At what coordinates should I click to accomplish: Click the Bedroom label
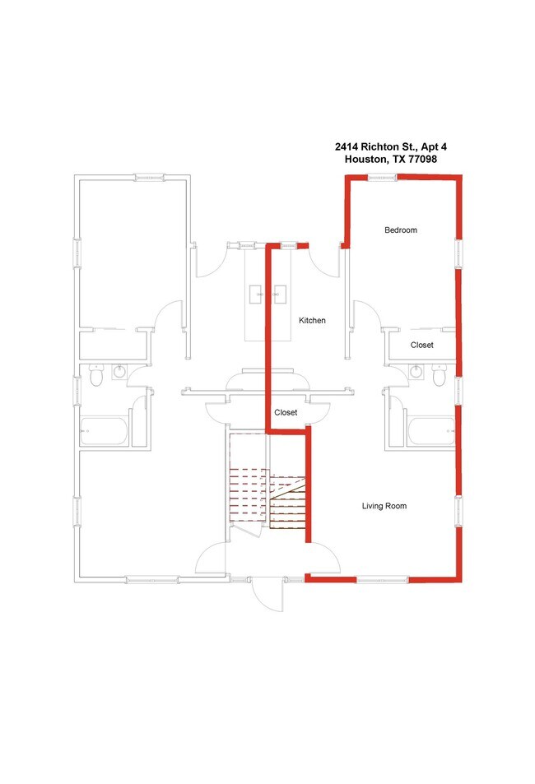coord(401,230)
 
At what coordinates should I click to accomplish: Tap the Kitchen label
coord(312,320)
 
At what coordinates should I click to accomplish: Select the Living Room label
coord(384,506)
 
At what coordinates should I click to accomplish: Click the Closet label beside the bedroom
coord(422,346)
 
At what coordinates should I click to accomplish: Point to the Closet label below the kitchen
coord(286,412)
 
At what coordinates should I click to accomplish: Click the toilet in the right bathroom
coord(439,376)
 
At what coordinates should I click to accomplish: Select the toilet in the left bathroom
coord(95,377)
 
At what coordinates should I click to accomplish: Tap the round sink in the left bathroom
coord(119,373)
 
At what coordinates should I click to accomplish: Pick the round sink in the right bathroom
coord(416,373)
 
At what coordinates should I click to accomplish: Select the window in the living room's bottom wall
coord(383,579)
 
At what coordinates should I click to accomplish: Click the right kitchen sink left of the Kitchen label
coord(280,291)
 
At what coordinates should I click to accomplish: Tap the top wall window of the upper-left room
coord(150,176)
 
